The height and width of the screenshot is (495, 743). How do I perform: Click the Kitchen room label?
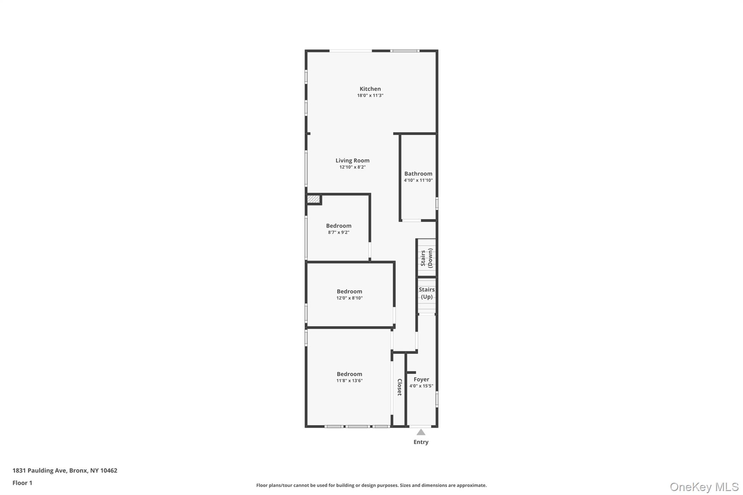click(370, 89)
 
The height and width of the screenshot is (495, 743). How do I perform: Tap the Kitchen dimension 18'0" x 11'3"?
click(370, 96)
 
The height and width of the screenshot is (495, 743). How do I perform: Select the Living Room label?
click(352, 160)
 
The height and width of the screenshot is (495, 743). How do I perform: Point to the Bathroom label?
click(418, 174)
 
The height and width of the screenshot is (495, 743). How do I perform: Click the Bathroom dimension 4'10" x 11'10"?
click(418, 180)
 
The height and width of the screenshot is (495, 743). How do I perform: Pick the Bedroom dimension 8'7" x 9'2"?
click(338, 232)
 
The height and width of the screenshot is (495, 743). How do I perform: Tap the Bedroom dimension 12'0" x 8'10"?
click(349, 298)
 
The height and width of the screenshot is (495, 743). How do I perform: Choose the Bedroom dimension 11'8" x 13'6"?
click(349, 381)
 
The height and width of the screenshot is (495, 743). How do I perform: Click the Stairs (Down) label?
click(427, 258)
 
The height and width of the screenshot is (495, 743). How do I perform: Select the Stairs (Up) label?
click(427, 293)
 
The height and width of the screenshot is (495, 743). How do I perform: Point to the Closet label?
click(399, 387)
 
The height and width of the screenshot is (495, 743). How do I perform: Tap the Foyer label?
click(421, 379)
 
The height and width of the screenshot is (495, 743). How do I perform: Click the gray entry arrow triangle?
click(421, 432)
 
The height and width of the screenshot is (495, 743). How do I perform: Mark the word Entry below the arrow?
click(421, 442)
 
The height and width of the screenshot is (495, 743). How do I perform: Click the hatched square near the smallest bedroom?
click(313, 199)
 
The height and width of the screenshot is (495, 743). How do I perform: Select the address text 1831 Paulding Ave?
click(40, 471)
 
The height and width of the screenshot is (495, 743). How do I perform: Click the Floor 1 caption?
click(22, 483)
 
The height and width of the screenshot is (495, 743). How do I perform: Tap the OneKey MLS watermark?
click(704, 487)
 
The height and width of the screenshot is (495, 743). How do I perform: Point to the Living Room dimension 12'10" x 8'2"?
click(352, 167)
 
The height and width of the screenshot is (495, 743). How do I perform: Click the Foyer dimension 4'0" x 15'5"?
click(421, 386)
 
